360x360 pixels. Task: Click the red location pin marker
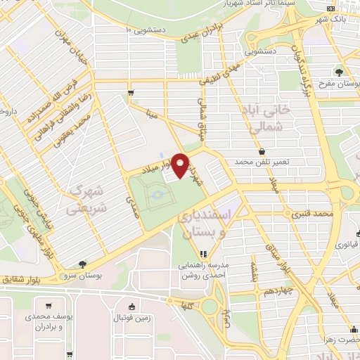tap(181, 165)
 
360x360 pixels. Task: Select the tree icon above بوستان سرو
tap(83, 264)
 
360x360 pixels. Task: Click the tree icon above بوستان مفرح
tap(340, 71)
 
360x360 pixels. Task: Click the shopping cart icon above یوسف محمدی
tap(49, 305)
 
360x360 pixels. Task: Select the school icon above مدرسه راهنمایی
tap(203, 254)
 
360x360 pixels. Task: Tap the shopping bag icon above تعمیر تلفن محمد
tap(262, 151)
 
